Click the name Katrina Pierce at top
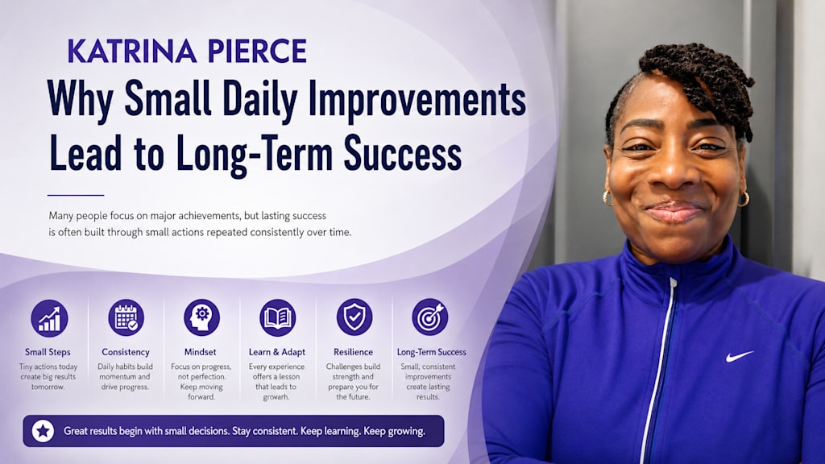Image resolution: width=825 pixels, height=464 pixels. [x=187, y=51]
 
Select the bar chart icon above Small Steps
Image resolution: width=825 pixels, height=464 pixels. [x=49, y=317]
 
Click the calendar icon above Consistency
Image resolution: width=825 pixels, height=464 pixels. [x=126, y=317]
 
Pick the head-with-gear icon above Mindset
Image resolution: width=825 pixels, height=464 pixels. [x=201, y=317]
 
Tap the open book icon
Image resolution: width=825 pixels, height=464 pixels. [x=277, y=317]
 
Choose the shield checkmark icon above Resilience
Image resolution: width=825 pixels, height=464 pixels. [x=354, y=317]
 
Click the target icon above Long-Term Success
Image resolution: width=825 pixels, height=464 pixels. [x=430, y=317]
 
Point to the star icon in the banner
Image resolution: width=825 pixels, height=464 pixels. [x=43, y=432]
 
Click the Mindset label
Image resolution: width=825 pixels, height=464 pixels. [x=200, y=352]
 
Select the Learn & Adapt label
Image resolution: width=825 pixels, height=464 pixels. [x=277, y=352]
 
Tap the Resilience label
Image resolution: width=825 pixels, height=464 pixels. [x=353, y=352]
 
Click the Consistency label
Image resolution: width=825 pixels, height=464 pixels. [x=125, y=352]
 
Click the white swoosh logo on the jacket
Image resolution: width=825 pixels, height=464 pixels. [x=740, y=356]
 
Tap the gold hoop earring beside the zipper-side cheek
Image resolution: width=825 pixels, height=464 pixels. [x=607, y=198]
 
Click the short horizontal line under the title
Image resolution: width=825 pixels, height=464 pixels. [x=76, y=195]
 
